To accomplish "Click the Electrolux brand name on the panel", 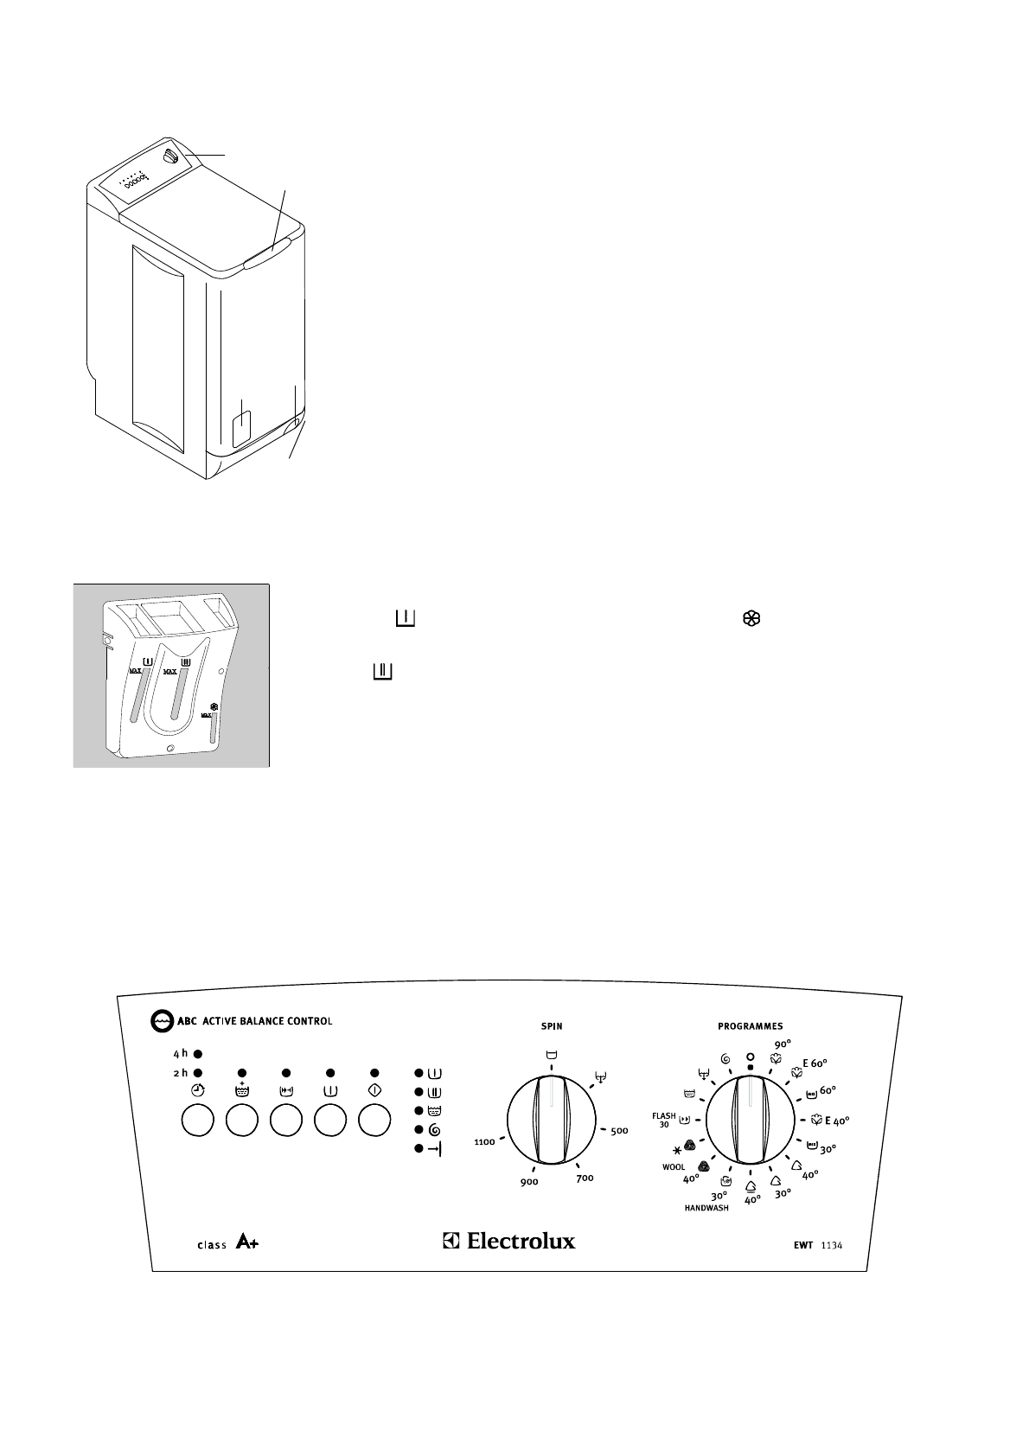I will point(521,1241).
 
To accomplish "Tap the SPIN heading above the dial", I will point(552,1026).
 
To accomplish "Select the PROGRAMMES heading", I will point(750,1026).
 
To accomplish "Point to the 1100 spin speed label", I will point(484,1142).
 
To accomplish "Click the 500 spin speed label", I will point(619,1131).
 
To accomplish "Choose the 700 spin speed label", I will point(585,1178).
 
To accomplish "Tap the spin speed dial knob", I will point(552,1121).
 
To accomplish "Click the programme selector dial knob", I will point(750,1121).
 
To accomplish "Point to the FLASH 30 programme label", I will point(664,1121).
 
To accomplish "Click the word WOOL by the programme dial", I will point(674,1167).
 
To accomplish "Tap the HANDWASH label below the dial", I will point(706,1208).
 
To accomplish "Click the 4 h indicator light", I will point(198,1054).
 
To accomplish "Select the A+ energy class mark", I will point(246,1244).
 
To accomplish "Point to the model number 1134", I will point(832,1245).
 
